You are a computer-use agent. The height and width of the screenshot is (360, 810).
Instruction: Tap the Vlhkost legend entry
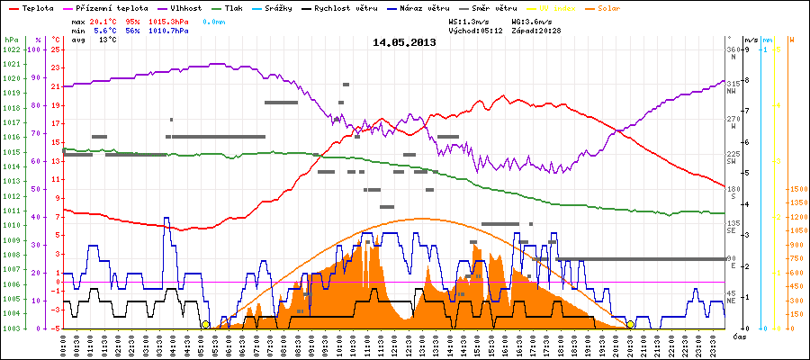click(x=186, y=7)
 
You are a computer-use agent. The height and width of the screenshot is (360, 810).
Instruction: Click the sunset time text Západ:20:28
click(x=537, y=30)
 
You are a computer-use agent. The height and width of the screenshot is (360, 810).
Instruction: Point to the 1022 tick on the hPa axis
click(x=12, y=49)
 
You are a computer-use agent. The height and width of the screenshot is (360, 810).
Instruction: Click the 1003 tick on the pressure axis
click(x=12, y=328)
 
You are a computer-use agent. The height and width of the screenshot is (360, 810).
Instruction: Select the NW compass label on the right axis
click(x=733, y=91)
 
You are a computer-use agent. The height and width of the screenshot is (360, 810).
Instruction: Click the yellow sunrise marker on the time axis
click(x=205, y=325)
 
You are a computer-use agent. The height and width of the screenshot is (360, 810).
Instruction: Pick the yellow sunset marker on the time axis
click(x=630, y=325)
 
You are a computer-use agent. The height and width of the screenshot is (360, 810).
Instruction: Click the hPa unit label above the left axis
click(x=11, y=40)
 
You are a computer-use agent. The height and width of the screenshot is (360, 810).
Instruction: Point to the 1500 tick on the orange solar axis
click(x=797, y=189)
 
